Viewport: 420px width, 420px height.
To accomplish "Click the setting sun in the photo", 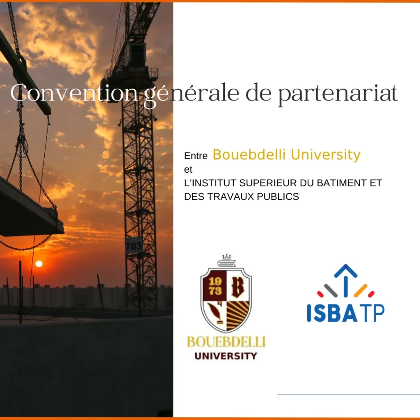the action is [39, 264].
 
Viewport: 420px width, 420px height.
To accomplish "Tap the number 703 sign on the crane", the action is [133, 245].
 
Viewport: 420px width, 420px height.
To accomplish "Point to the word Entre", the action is [196, 156].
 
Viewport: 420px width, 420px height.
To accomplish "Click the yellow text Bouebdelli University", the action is [287, 155].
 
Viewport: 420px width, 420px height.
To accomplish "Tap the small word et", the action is [188, 169].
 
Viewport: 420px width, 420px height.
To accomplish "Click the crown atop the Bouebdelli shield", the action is [226, 257].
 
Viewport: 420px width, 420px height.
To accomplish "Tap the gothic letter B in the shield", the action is [238, 287].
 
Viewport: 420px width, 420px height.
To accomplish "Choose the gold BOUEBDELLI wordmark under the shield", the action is [226, 342].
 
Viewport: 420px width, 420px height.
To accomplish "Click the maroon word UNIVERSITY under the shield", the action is [226, 356].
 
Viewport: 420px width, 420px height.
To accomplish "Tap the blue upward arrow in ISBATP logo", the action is [345, 280].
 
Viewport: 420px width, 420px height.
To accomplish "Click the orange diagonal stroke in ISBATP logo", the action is [361, 290].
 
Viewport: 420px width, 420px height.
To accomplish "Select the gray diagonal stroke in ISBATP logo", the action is [331, 290].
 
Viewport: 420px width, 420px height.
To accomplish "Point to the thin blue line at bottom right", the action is [348, 395].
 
